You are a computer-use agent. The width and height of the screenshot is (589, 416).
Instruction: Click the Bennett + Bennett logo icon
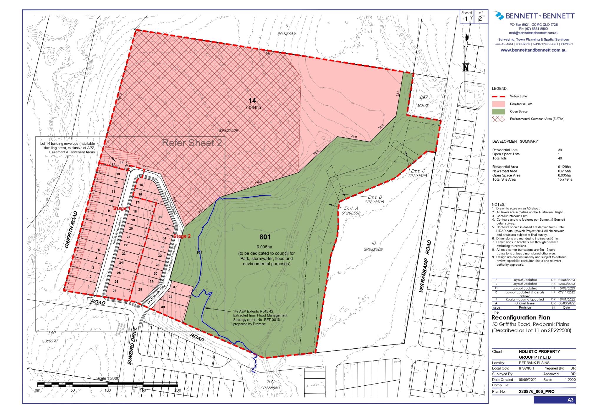(x=499, y=16)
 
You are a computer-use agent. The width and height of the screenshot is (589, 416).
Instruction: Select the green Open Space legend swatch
(x=498, y=112)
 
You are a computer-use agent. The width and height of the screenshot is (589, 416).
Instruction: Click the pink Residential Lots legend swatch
(x=498, y=104)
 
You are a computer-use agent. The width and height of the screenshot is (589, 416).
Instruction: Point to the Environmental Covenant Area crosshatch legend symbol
(x=498, y=119)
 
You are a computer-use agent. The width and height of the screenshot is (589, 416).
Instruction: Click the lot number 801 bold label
(x=265, y=237)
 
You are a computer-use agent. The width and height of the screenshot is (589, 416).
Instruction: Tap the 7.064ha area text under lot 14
(x=253, y=107)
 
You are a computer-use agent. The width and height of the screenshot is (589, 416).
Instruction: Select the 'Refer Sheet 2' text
(x=192, y=143)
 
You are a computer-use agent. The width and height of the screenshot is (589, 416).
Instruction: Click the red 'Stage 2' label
(x=182, y=236)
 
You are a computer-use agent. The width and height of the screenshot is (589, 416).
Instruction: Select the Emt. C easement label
(x=418, y=171)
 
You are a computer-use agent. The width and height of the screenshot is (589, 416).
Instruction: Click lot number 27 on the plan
(x=114, y=291)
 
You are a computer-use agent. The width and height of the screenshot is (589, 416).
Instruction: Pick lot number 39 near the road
(x=163, y=307)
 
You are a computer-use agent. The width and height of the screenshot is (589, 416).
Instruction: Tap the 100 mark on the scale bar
(x=107, y=390)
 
